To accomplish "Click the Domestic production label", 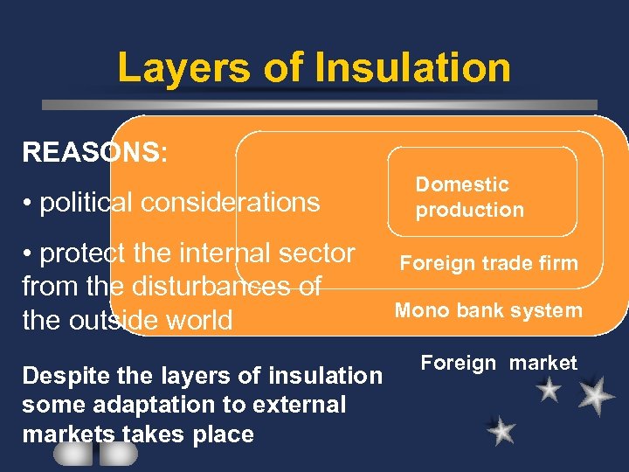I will point(469,197).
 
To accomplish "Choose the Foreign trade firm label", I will point(488,263).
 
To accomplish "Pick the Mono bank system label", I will point(488,310).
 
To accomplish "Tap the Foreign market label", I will point(499,363).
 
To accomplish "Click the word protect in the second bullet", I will point(82,253).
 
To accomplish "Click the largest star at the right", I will point(596,395).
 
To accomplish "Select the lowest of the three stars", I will point(501,430).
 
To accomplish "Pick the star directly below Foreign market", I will point(549,389).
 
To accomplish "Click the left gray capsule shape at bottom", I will point(73,454).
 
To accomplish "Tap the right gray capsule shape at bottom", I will point(118,454).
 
